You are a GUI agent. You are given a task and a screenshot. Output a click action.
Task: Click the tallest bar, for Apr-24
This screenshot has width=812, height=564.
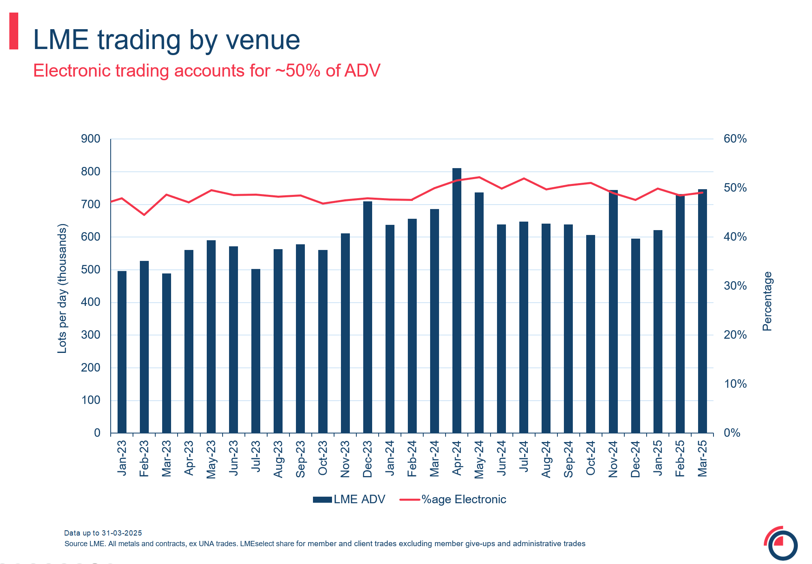coord(456,300)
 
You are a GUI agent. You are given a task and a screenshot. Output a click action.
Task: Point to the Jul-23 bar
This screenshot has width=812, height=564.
coord(256,351)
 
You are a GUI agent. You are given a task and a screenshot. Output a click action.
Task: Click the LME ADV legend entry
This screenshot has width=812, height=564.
coord(349,500)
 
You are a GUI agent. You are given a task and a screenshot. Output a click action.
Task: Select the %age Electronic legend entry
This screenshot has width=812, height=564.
coord(453,500)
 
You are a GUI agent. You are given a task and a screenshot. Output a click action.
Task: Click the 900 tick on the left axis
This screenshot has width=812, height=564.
coord(91,139)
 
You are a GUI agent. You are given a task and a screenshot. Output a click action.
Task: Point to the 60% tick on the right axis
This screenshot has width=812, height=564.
coord(735,139)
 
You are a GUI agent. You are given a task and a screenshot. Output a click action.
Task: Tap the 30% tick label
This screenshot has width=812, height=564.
coord(735,286)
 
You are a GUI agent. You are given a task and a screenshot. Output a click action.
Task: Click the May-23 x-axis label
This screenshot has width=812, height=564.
coord(211,459)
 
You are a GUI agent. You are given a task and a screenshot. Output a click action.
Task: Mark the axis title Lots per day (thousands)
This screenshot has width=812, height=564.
coord(62,288)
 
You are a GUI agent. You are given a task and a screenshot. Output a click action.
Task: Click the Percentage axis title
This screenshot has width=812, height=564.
coord(767,301)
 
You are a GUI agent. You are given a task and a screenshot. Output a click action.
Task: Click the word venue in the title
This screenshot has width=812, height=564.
coord(262,40)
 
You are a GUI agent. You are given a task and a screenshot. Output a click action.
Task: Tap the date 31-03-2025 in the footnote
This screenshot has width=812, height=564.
coord(122,533)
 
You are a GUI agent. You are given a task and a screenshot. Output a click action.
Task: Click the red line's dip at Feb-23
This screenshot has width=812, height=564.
coord(144,215)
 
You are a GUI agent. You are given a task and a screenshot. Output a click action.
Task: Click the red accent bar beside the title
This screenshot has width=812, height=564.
coord(14,31)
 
